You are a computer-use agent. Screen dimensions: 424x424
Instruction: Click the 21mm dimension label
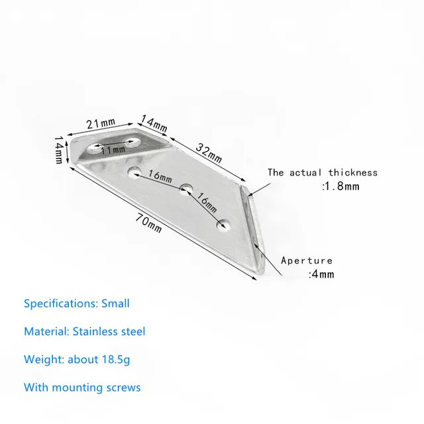click(x=101, y=123)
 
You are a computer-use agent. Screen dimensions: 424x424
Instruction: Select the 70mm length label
click(x=148, y=223)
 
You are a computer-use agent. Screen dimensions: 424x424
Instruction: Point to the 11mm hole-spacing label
click(x=113, y=150)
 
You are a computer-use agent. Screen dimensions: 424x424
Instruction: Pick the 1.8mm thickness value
click(x=341, y=186)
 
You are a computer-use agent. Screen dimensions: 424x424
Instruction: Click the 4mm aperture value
click(x=321, y=274)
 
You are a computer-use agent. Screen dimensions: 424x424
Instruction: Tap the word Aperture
click(x=307, y=260)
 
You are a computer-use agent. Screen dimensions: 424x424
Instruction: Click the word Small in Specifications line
click(x=115, y=304)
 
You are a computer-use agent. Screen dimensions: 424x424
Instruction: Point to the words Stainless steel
click(x=112, y=331)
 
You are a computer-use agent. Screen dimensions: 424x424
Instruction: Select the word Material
click(x=44, y=331)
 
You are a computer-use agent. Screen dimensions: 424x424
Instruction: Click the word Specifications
click(x=60, y=304)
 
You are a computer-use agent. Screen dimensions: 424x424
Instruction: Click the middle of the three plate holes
click(x=187, y=189)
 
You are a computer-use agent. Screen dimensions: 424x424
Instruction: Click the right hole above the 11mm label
click(x=135, y=140)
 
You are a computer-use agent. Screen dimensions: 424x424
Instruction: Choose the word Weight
click(x=41, y=359)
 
